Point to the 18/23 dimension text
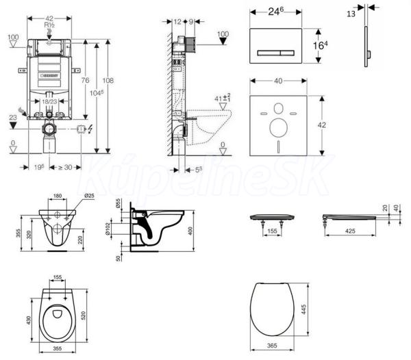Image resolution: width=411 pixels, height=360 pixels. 49,100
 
